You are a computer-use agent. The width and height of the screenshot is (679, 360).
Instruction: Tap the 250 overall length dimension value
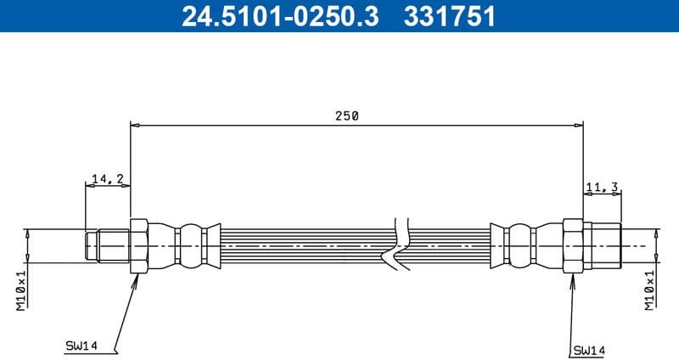point(346,116)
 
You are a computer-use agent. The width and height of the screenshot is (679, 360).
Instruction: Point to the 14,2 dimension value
point(107,178)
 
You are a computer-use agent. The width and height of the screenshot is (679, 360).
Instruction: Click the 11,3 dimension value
point(601,188)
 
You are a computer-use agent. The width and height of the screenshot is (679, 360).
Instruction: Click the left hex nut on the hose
point(139,245)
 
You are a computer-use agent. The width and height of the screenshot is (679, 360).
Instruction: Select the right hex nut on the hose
point(573,245)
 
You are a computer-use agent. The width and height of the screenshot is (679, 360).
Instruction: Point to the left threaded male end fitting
point(107,245)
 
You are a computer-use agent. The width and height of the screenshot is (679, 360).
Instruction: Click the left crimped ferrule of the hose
point(180,245)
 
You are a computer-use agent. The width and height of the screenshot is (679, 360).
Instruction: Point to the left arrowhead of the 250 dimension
point(135,126)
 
